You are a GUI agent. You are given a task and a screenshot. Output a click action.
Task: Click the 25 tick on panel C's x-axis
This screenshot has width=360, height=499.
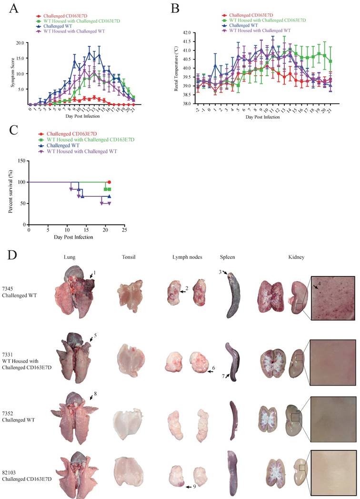click(124, 230)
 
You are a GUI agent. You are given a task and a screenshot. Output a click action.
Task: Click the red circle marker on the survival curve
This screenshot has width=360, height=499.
click(109, 182)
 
